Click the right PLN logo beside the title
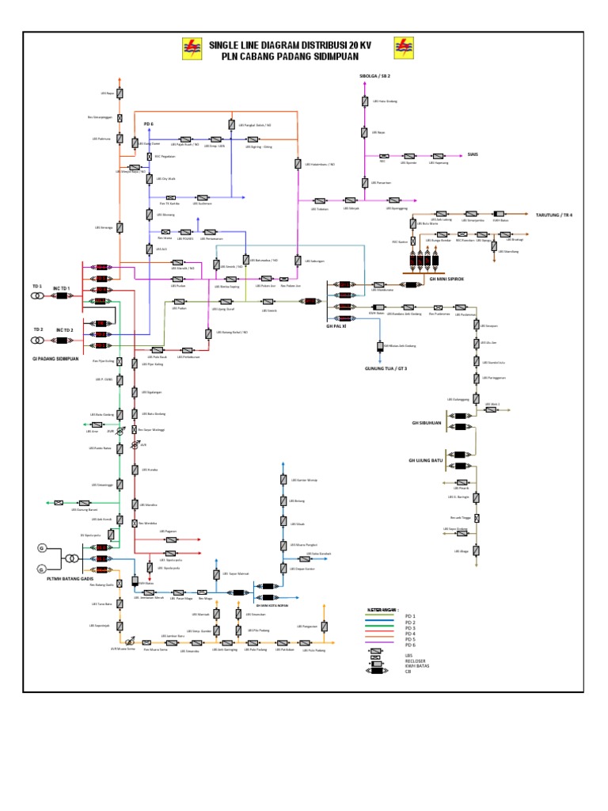(x=404, y=49)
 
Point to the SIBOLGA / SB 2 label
(x=375, y=75)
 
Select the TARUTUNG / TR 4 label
(x=553, y=215)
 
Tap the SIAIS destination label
(x=473, y=155)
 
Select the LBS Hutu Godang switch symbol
(x=363, y=101)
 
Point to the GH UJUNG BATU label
(x=425, y=460)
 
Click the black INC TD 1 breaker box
(x=62, y=296)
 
